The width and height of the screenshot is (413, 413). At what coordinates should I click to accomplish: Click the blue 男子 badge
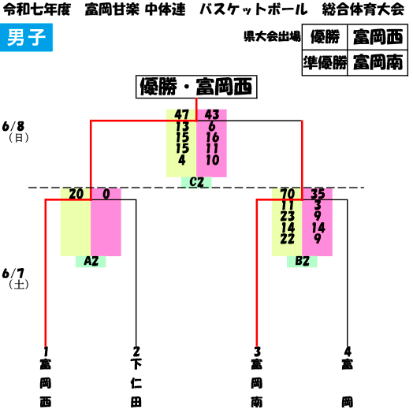pyautogui.click(x=26, y=37)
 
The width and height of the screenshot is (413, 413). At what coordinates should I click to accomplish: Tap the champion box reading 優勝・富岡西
pyautogui.click(x=196, y=87)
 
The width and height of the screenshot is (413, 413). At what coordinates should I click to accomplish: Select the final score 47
pyautogui.click(x=182, y=115)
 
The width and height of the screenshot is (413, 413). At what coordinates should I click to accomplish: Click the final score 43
pyautogui.click(x=212, y=115)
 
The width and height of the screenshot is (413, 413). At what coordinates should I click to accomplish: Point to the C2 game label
pyautogui.click(x=196, y=182)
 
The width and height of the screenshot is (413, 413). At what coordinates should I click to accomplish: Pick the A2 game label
pyautogui.click(x=91, y=262)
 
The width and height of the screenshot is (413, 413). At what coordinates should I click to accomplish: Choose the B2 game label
pyautogui.click(x=302, y=262)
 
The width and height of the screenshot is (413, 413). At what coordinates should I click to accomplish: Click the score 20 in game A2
pyautogui.click(x=76, y=194)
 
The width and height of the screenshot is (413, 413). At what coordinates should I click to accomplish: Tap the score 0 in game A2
pyautogui.click(x=106, y=194)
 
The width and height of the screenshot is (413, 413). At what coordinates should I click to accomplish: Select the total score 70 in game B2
pyautogui.click(x=288, y=194)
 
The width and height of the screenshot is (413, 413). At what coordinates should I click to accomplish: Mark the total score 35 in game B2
pyautogui.click(x=318, y=194)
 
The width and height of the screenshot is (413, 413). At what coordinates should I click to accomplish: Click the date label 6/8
pyautogui.click(x=13, y=127)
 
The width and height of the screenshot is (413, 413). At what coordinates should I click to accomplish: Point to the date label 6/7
pyautogui.click(x=13, y=273)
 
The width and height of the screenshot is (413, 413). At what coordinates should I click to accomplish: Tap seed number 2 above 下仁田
pyautogui.click(x=136, y=352)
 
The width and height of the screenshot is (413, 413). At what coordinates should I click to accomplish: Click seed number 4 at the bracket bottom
pyautogui.click(x=348, y=352)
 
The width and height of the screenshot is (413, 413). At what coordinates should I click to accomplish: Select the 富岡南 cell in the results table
pyautogui.click(x=378, y=63)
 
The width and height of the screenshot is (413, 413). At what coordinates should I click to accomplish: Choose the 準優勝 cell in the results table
pyautogui.click(x=325, y=63)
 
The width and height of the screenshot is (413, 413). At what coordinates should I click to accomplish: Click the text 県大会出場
pyautogui.click(x=272, y=36)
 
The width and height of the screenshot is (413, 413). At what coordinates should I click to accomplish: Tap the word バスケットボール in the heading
pyautogui.click(x=253, y=9)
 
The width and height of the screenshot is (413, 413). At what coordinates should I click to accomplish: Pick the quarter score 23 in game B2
pyautogui.click(x=288, y=217)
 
